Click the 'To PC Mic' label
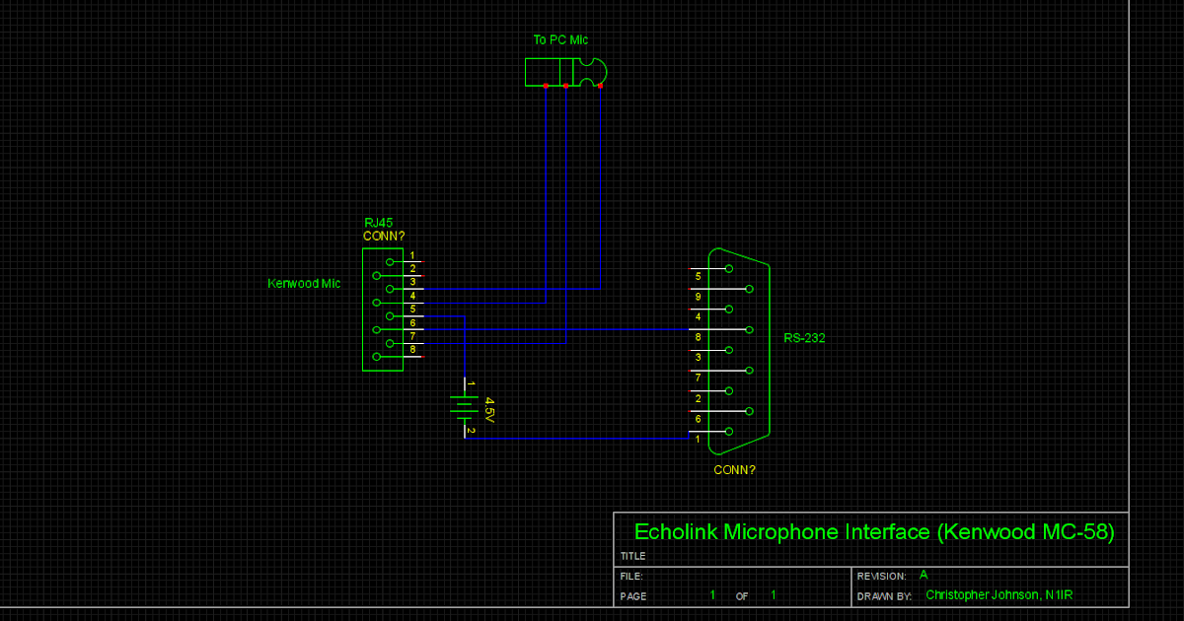click(560, 40)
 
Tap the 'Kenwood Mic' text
click(304, 284)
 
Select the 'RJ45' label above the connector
click(378, 223)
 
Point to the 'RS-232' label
click(804, 338)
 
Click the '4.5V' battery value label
click(488, 410)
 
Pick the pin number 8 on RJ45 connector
click(412, 350)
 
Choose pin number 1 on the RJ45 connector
click(412, 256)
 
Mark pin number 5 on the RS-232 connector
click(698, 276)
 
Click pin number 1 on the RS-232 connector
click(698, 439)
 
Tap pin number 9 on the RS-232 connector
click(698, 297)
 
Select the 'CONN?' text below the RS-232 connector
click(734, 470)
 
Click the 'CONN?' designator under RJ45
click(384, 237)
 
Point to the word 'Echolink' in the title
click(676, 532)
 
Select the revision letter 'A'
click(924, 575)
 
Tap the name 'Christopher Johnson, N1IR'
click(999, 595)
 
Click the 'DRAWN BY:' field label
click(882, 596)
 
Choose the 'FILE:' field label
click(631, 576)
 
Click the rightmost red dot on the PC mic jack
click(600, 86)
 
